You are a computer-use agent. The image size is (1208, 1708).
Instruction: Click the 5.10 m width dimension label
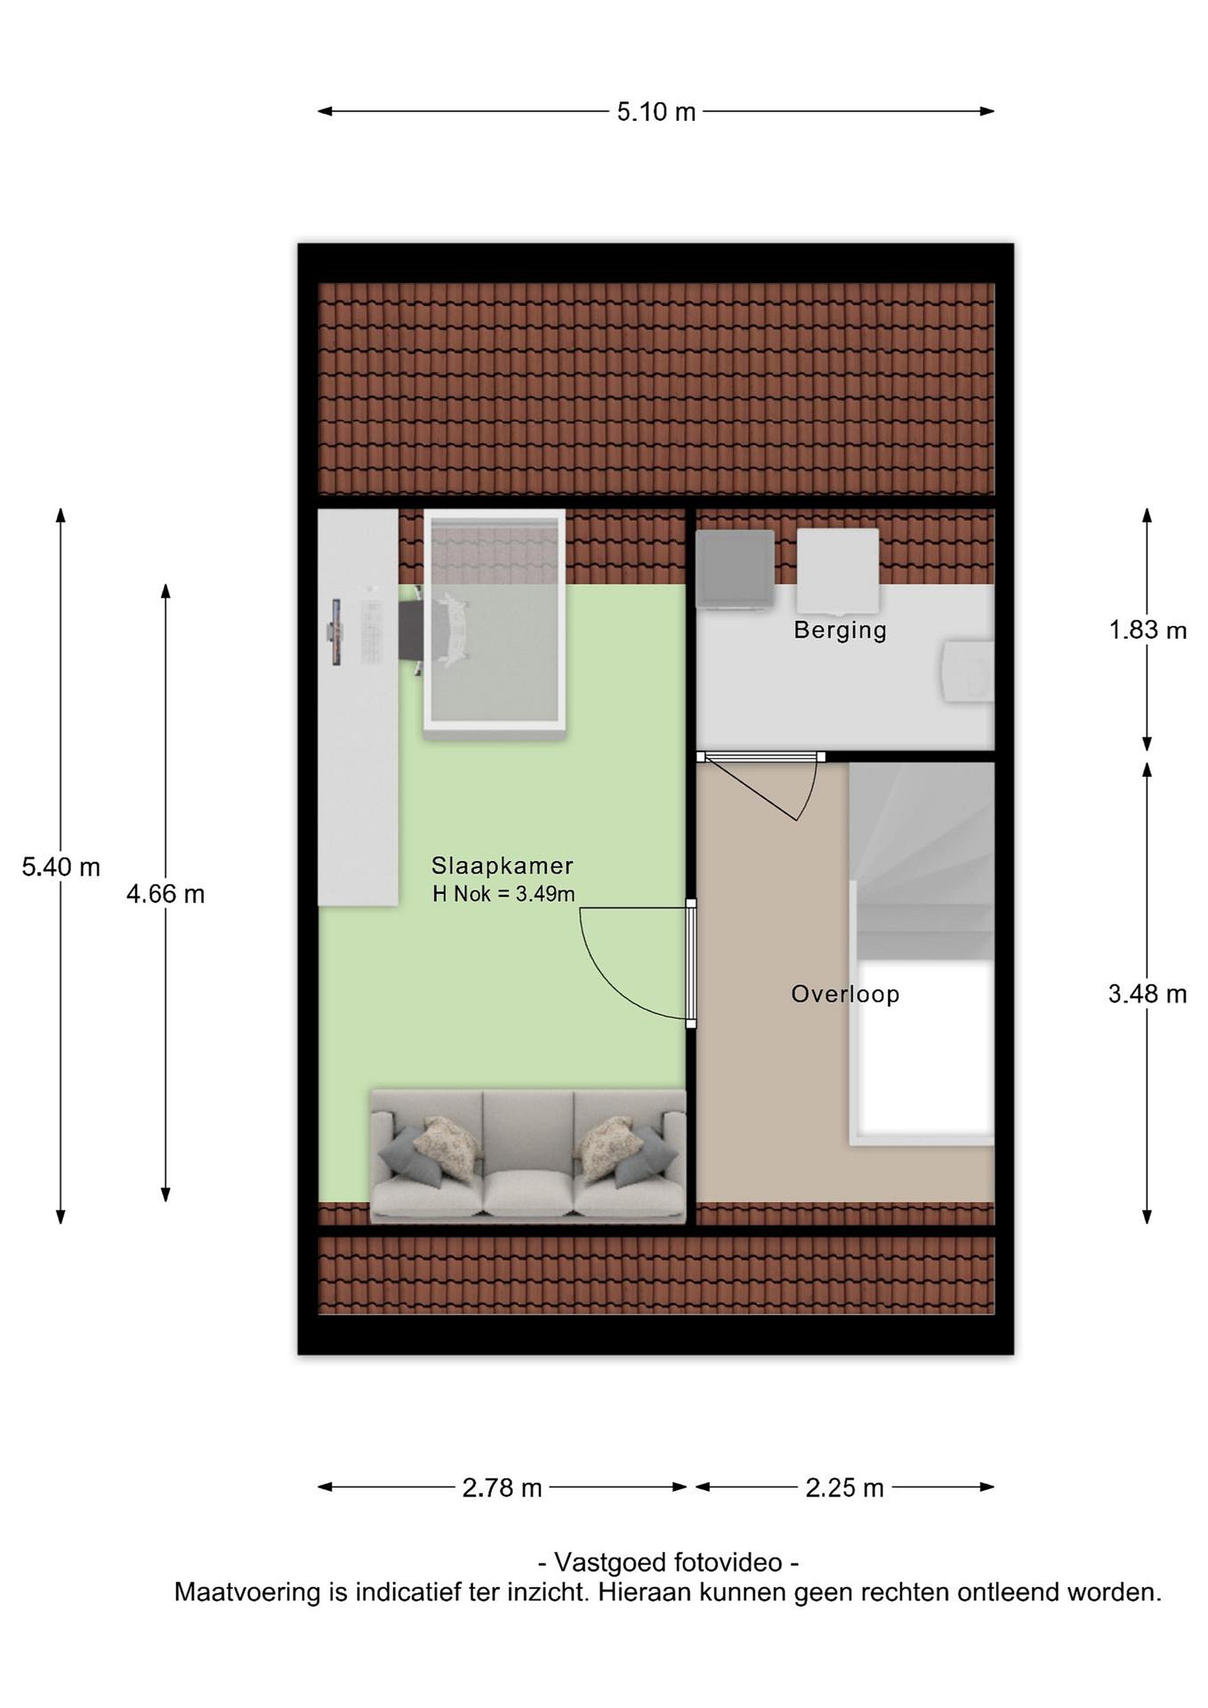coord(656,112)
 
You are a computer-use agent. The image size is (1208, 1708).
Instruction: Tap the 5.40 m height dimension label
coord(61,866)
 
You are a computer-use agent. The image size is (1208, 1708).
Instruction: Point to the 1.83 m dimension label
coord(1148,630)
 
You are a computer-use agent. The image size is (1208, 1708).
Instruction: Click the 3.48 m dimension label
coord(1148,994)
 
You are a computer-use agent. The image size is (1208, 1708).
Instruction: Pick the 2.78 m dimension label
coord(502,1488)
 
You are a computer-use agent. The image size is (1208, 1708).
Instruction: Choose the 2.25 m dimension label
coord(845,1488)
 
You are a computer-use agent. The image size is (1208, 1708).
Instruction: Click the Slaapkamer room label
coord(502,866)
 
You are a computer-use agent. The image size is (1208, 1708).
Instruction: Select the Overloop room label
coord(845,994)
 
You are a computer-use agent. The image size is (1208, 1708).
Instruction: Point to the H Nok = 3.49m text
coord(503,893)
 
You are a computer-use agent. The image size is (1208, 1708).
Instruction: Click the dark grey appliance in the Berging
coord(734,570)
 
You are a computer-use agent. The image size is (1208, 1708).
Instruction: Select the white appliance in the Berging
coord(837,570)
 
